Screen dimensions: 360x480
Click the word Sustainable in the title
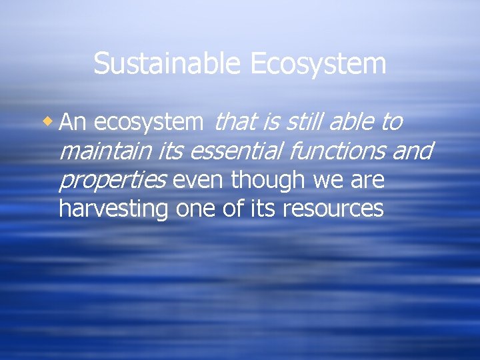point(169,64)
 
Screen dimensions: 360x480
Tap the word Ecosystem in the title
point(318,64)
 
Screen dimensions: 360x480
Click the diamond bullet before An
point(48,121)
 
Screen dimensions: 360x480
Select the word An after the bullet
point(74,122)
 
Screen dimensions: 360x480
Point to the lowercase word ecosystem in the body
point(149,123)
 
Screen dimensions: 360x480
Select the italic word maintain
point(105,151)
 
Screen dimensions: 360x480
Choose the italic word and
point(413,151)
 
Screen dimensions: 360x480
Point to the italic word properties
point(112,181)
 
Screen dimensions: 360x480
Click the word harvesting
point(114,209)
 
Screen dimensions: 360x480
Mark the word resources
point(333,209)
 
